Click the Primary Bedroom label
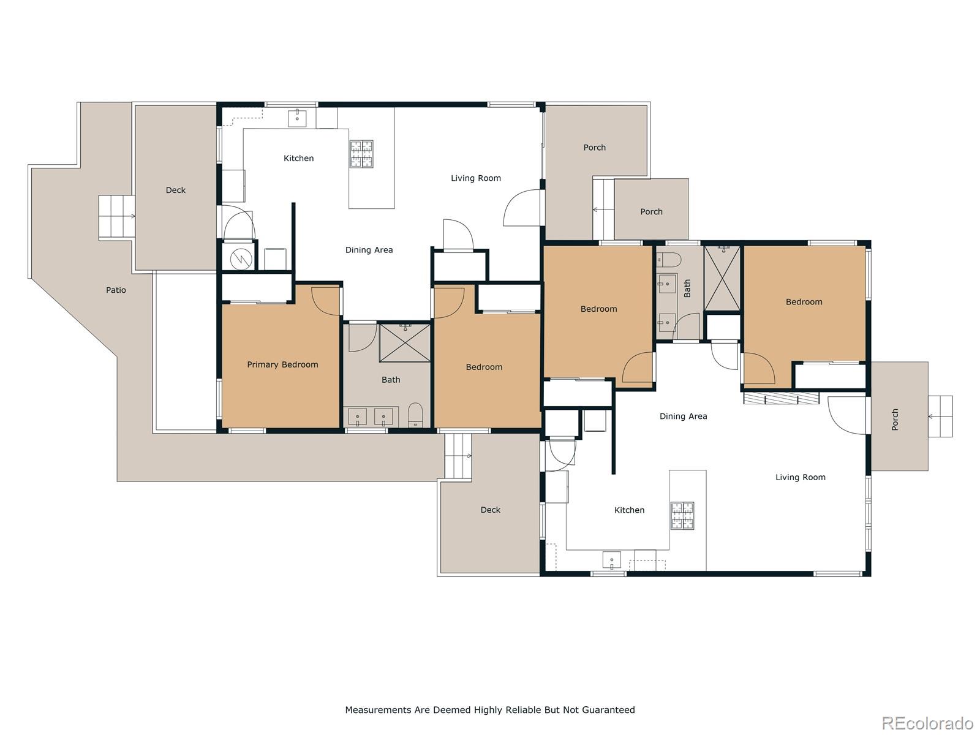tap(282, 364)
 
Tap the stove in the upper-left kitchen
tap(361, 153)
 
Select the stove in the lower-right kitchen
tap(682, 515)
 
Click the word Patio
tap(116, 290)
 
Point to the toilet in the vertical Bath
tap(668, 260)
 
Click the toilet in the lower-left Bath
tap(415, 415)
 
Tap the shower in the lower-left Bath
tap(405, 342)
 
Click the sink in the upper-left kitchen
tap(297, 118)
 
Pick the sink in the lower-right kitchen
tap(611, 560)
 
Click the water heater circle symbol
tap(241, 259)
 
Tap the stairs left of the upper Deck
tap(117, 217)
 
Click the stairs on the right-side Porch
tap(940, 417)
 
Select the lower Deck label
tap(490, 510)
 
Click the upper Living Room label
tap(476, 178)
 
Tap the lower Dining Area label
tap(683, 416)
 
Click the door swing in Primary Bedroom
tap(325, 300)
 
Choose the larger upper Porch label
tap(594, 148)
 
